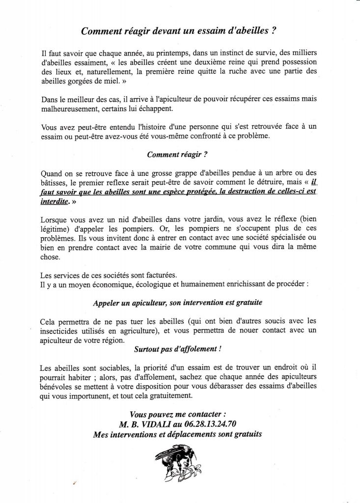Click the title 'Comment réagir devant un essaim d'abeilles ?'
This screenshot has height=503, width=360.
(x=181, y=31)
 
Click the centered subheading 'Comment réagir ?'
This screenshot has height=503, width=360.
(x=177, y=154)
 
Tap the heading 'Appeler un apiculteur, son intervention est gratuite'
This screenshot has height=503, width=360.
(x=181, y=303)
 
